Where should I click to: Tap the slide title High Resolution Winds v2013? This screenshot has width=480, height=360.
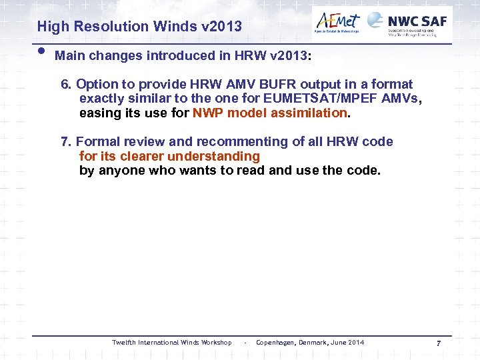click(139, 27)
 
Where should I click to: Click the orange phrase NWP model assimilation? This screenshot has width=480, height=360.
click(270, 113)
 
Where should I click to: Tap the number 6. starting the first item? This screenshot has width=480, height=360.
click(67, 85)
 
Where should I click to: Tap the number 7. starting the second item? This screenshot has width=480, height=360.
click(67, 142)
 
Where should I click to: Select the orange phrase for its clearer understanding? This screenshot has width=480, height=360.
click(169, 156)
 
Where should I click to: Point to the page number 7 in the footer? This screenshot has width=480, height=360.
click(438, 343)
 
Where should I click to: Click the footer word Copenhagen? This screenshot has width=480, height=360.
click(275, 343)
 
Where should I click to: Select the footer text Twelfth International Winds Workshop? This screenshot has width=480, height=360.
click(171, 343)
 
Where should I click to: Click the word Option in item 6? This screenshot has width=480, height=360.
click(95, 85)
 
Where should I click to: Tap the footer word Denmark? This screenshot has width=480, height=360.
click(313, 343)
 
